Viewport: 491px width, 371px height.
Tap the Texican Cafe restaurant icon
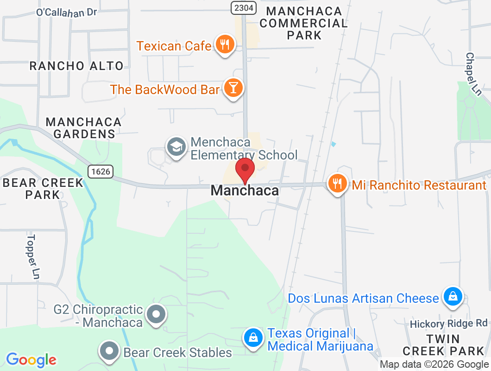(x=225, y=45)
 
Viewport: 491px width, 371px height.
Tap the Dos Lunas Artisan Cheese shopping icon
(x=452, y=297)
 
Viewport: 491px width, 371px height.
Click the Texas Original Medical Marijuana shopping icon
(x=254, y=338)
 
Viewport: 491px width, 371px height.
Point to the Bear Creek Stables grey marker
(x=110, y=351)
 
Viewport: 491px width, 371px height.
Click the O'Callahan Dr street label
(x=67, y=12)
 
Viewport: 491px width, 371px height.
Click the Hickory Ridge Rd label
(x=449, y=323)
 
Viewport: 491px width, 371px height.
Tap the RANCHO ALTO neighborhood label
(x=76, y=66)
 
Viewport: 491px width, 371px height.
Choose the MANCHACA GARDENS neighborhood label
(x=84, y=128)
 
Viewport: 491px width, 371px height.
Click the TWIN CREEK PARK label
(x=443, y=345)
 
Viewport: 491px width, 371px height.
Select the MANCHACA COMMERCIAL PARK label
(x=304, y=23)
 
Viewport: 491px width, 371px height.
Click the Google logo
(x=31, y=359)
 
